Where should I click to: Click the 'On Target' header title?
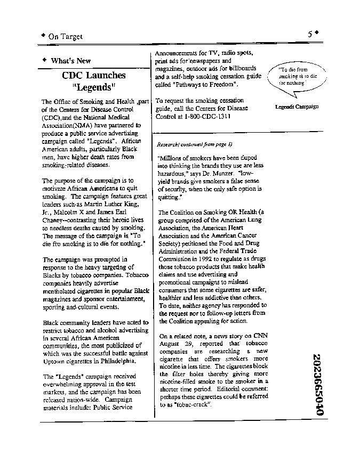[x=65, y=37]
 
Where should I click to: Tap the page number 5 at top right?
[x=310, y=34]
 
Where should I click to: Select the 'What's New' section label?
[x=70, y=61]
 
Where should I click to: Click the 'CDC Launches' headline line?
[x=93, y=75]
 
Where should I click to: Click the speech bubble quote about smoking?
[x=298, y=77]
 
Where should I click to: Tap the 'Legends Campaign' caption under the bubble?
[x=297, y=107]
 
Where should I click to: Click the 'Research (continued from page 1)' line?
[x=195, y=144]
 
